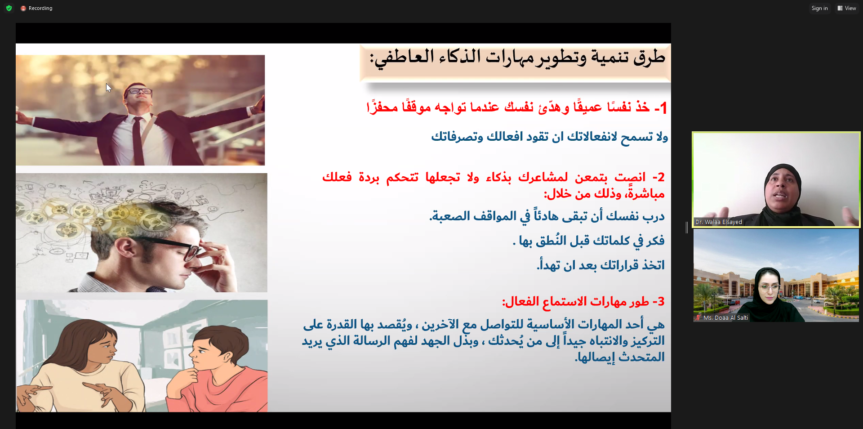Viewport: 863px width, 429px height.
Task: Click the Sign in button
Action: click(819, 8)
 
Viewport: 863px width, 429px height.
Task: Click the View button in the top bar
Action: click(847, 8)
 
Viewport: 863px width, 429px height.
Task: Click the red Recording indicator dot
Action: click(23, 9)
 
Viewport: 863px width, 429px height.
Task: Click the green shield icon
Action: click(9, 8)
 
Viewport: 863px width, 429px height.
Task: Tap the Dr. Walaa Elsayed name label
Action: click(718, 222)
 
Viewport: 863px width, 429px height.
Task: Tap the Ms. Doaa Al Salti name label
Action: click(725, 317)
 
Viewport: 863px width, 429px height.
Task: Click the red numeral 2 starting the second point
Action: click(661, 177)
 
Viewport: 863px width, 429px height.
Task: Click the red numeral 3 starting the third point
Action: click(661, 301)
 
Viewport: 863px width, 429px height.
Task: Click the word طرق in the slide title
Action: click(649, 58)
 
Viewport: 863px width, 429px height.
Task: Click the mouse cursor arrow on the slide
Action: click(108, 88)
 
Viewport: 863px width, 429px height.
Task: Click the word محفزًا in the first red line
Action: click(383, 107)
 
